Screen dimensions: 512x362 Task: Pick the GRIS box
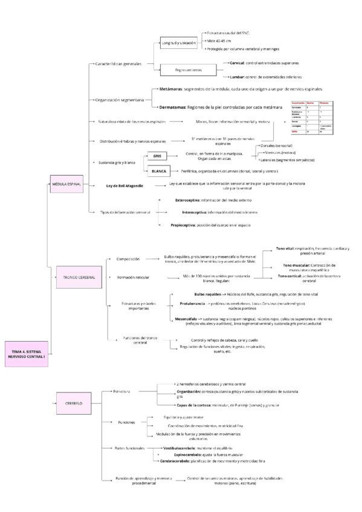point(157,156)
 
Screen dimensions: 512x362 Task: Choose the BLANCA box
point(158,171)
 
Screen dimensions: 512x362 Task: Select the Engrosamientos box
point(189,71)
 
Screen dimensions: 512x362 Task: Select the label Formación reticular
point(134,277)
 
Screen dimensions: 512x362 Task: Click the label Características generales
point(118,63)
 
